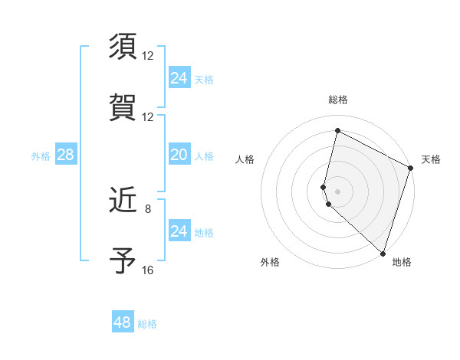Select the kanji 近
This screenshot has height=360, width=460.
(123, 201)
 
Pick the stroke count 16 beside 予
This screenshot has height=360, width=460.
(148, 270)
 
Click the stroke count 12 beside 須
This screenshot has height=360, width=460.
(148, 56)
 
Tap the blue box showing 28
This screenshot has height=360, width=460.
(65, 155)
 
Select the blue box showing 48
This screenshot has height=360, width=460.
(122, 322)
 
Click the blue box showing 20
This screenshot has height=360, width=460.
(179, 155)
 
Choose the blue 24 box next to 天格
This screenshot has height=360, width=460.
(179, 78)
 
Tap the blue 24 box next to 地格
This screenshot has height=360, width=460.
(179, 231)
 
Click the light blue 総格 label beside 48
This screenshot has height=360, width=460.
(147, 324)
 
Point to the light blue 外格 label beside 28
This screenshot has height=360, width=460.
(41, 156)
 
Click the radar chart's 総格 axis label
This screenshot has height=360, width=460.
(338, 100)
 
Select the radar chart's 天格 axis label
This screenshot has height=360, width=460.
(432, 159)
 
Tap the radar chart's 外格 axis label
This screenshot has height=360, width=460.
(270, 262)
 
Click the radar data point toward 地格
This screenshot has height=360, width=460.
(383, 253)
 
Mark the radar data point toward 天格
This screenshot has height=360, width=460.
(411, 169)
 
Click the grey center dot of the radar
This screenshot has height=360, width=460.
(337, 191)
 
